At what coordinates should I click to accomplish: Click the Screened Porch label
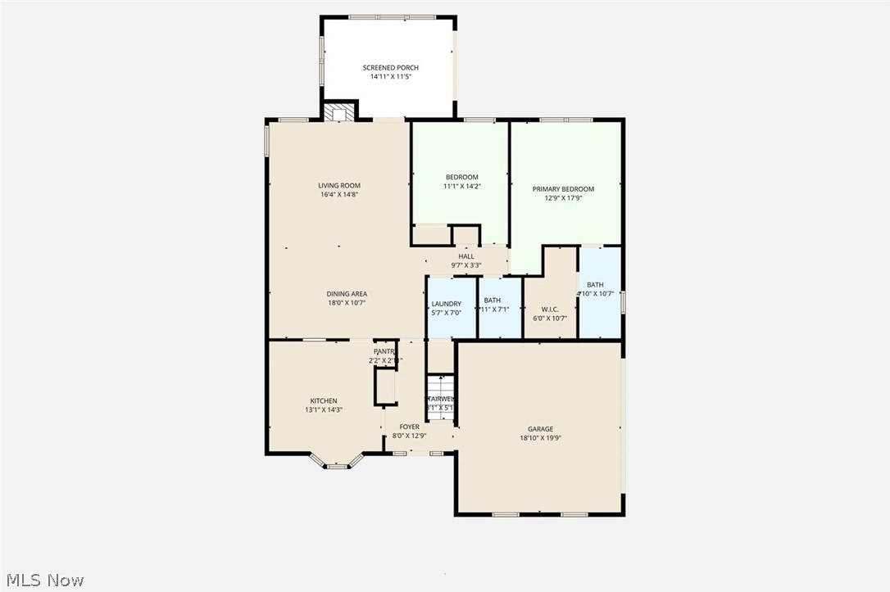390,68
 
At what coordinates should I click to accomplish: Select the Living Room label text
339,186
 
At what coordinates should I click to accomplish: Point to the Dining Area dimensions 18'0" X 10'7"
346,303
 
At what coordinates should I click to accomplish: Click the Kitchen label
323,401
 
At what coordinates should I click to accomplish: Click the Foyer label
409,427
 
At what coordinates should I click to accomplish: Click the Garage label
540,429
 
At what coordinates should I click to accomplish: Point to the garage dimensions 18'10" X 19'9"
540,438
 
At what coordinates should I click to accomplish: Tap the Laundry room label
447,304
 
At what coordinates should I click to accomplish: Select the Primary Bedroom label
563,189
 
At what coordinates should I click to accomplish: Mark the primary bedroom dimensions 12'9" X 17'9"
563,197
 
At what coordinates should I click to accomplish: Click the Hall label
466,256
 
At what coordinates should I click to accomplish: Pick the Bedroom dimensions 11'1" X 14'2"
461,187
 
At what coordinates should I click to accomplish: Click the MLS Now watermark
43,581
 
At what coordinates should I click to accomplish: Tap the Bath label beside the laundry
492,301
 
